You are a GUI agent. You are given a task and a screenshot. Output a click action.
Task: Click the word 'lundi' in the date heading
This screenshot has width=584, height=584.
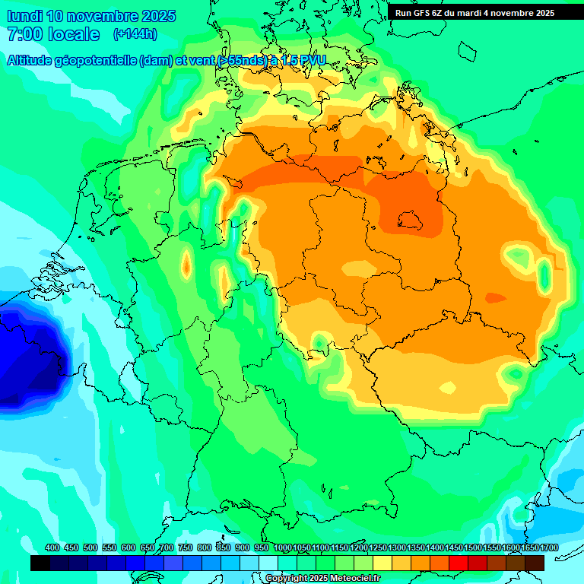pyautogui.click(x=24, y=16)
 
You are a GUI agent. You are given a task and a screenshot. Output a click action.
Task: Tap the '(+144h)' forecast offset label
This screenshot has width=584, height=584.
pyautogui.click(x=135, y=34)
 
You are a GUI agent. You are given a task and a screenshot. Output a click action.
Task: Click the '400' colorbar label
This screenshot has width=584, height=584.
pyautogui.click(x=52, y=548)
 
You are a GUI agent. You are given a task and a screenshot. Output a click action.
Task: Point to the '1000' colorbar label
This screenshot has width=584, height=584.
pyautogui.click(x=282, y=548)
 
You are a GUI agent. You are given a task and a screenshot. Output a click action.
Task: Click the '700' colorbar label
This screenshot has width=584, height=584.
pyautogui.click(x=167, y=548)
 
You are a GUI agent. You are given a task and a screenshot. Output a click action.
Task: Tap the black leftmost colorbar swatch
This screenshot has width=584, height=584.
pyautogui.click(x=40, y=563)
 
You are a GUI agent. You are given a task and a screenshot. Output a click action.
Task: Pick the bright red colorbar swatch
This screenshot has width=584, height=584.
pyautogui.click(x=459, y=563)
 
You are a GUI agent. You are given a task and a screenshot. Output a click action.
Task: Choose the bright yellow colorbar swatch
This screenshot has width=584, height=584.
pyautogui.click(x=382, y=563)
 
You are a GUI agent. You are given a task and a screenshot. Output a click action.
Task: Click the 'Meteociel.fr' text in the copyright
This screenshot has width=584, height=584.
pyautogui.click(x=351, y=579)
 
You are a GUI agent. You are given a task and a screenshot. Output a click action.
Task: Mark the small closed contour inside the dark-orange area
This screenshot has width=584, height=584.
pyautogui.click(x=411, y=221)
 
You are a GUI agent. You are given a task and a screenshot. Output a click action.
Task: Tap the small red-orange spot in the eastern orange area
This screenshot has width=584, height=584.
pyautogui.click(x=495, y=297)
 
